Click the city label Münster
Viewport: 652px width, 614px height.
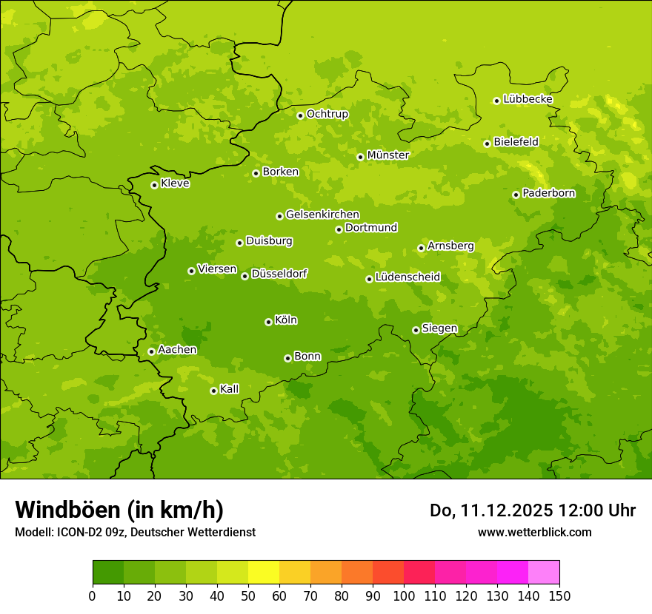pyautogui.click(x=388, y=155)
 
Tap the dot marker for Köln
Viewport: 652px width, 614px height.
pyautogui.click(x=268, y=322)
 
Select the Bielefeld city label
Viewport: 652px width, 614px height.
pyautogui.click(x=516, y=142)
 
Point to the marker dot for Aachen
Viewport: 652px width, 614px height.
pyautogui.click(x=151, y=351)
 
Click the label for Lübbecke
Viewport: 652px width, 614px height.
pyautogui.click(x=528, y=99)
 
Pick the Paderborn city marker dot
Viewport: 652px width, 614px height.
pyautogui.click(x=516, y=195)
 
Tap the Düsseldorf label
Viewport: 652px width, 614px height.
pyautogui.click(x=279, y=274)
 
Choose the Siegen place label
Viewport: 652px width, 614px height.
pyautogui.click(x=439, y=328)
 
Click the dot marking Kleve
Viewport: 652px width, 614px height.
pyautogui.click(x=154, y=185)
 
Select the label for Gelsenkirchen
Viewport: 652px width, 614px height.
pyautogui.click(x=322, y=215)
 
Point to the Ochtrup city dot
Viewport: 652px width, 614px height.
pyautogui.click(x=300, y=115)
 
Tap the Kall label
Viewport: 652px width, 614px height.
pyautogui.click(x=230, y=389)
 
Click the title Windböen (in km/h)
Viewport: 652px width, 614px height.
pyautogui.click(x=119, y=510)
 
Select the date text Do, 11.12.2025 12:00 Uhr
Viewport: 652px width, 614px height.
pyautogui.click(x=533, y=510)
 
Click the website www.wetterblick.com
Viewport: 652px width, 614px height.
pyautogui.click(x=534, y=532)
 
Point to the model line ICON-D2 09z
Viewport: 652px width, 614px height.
pyautogui.click(x=135, y=532)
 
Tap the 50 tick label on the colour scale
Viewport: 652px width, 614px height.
pyautogui.click(x=248, y=596)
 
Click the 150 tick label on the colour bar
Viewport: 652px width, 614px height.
pyautogui.click(x=559, y=596)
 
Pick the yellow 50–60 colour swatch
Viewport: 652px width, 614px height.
pyautogui.click(x=264, y=573)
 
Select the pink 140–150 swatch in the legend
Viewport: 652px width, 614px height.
pyautogui.click(x=544, y=573)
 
